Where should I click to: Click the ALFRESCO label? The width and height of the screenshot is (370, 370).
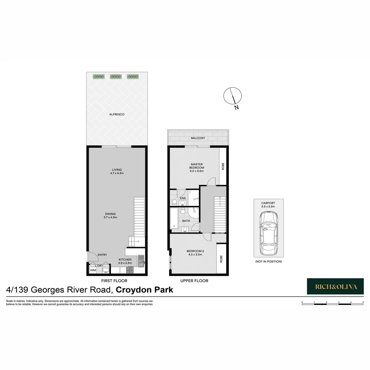point(117,114)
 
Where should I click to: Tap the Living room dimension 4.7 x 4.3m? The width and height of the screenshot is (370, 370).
point(117,173)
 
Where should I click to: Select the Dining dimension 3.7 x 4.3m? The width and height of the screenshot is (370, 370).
point(111,218)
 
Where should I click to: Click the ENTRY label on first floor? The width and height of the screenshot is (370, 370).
point(102,255)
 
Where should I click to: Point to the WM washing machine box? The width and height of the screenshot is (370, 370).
point(92,271)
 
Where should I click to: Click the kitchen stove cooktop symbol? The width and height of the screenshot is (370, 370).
point(131,270)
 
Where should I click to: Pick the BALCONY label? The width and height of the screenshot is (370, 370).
point(198,138)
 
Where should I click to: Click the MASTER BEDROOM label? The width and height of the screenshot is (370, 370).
point(197,166)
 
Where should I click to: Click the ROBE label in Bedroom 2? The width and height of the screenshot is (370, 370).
point(221,259)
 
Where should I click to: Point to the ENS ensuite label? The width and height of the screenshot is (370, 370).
point(183,198)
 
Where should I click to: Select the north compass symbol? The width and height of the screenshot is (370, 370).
point(233,96)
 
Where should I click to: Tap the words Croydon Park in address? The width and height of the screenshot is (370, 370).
point(145,290)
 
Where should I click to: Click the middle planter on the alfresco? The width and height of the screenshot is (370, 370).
point(116,77)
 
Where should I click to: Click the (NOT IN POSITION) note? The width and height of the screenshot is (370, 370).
point(268,262)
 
